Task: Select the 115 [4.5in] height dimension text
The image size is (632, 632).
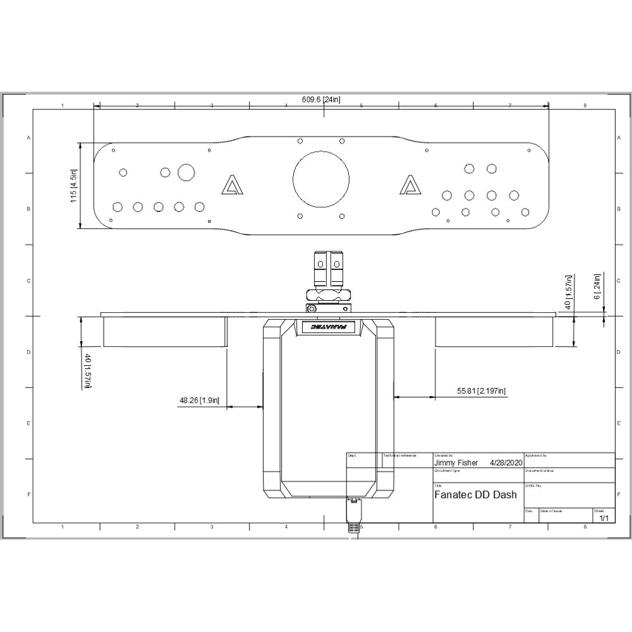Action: coord(73,185)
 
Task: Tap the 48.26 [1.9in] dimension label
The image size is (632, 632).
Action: coord(199,400)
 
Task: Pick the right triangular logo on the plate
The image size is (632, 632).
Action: coord(411,185)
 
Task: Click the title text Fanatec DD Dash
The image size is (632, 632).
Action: coord(475,495)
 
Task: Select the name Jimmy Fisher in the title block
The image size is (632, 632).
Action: coord(456,463)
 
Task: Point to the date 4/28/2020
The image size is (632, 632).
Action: coord(507,463)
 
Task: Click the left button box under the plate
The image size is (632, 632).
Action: coord(164,331)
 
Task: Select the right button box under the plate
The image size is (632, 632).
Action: coord(494,331)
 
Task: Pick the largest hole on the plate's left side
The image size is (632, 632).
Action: coord(186,172)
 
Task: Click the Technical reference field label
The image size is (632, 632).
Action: coord(400,455)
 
